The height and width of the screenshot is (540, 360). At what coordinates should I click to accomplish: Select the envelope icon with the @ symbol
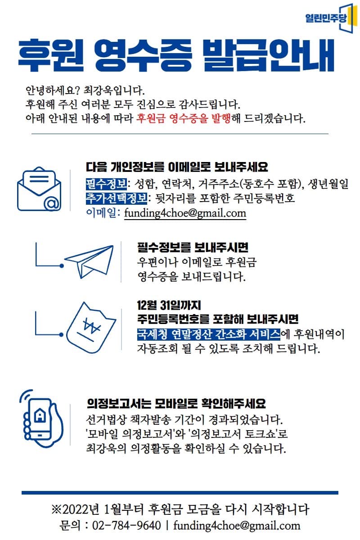(39, 189)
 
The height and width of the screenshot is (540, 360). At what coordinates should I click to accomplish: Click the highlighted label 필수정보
(106, 184)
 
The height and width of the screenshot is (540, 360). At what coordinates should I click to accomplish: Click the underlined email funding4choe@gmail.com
(185, 212)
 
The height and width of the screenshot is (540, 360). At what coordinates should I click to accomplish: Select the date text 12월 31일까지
(169, 306)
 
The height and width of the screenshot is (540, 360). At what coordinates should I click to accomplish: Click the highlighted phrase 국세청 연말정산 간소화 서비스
(208, 334)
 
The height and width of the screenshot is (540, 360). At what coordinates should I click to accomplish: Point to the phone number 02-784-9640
(126, 525)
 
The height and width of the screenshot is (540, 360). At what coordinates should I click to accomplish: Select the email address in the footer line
(237, 525)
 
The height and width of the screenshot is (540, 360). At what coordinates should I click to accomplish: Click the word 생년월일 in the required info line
(330, 184)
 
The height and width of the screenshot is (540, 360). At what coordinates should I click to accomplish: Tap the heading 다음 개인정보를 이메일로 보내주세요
(177, 167)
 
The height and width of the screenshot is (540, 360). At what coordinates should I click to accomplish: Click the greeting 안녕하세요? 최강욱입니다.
(85, 90)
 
